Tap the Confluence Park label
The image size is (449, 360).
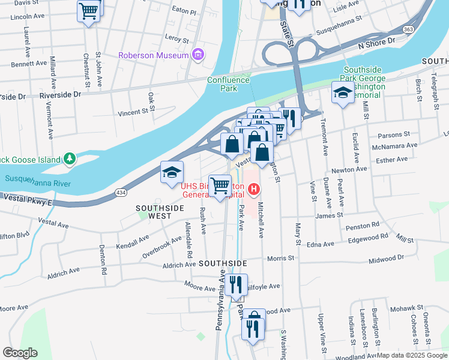tap(228, 84)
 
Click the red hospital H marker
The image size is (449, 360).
tap(254, 190)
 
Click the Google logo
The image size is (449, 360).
tap(20, 353)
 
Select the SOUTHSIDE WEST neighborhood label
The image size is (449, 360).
tap(157, 211)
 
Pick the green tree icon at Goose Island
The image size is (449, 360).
tap(71, 159)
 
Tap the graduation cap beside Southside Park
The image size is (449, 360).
tap(343, 93)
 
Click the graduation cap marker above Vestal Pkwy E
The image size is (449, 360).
tap(172, 173)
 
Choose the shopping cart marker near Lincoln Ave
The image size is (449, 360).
tap(89, 11)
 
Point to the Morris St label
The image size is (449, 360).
tap(281, 258)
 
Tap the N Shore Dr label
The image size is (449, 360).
tap(376, 41)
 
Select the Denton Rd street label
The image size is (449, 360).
tap(103, 260)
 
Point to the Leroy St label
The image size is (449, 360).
tap(177, 38)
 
